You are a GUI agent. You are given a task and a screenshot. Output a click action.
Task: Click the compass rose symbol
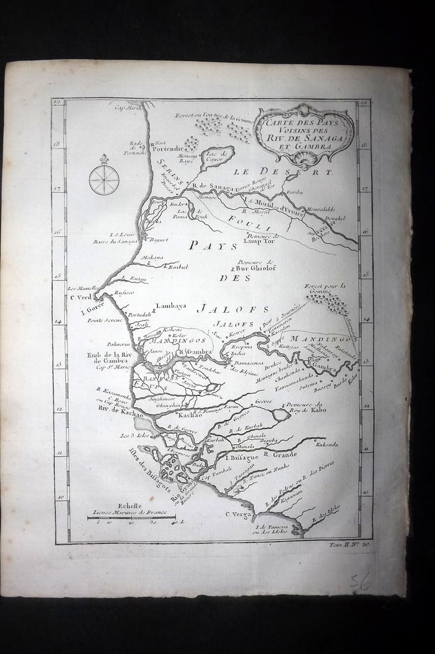pyautogui.click(x=104, y=179)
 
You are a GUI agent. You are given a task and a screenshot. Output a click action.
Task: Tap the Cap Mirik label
pyautogui.click(x=127, y=107)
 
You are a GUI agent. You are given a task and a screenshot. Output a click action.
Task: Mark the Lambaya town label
pyautogui.click(x=170, y=307)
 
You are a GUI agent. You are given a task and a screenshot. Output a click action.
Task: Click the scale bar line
pyautogui.click(x=131, y=517)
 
